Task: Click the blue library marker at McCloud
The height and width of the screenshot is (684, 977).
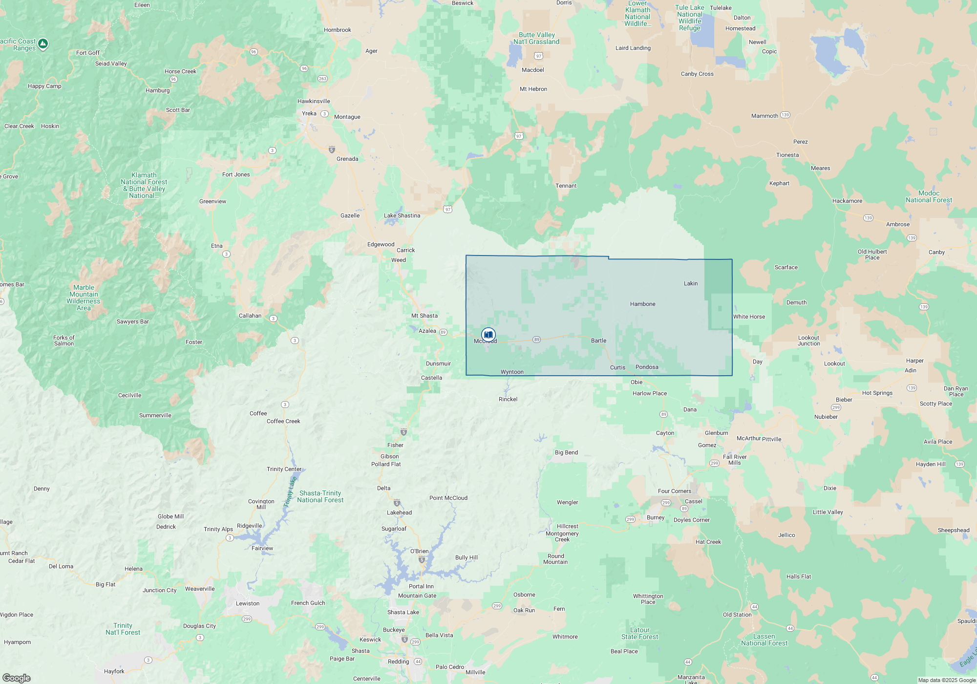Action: click(488, 335)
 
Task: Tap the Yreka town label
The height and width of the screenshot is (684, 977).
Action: click(309, 113)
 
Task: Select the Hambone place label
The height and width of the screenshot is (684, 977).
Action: click(642, 304)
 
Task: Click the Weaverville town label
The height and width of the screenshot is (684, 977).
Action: click(200, 589)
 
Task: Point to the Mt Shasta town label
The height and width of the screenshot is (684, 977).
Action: click(425, 316)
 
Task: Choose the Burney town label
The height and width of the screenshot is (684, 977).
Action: click(656, 517)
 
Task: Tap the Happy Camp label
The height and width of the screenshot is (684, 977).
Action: click(44, 86)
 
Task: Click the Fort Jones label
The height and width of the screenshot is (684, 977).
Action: click(236, 174)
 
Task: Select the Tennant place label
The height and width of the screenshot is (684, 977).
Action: click(566, 186)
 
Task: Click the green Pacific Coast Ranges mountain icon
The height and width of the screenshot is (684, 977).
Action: click(43, 43)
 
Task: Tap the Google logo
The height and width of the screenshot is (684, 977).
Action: click(17, 678)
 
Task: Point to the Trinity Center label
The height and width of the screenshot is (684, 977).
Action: click(284, 469)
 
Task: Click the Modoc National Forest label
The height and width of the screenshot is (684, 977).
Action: click(929, 196)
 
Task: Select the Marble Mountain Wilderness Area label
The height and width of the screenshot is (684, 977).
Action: click(84, 298)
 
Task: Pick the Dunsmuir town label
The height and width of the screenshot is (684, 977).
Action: click(438, 363)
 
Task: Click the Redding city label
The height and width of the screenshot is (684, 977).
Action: click(398, 662)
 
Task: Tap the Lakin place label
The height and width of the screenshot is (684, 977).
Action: click(691, 283)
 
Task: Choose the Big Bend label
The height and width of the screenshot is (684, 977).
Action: click(566, 452)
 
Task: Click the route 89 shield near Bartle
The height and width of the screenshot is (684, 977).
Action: click(536, 340)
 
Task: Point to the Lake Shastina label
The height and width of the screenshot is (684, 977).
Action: click(402, 215)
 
